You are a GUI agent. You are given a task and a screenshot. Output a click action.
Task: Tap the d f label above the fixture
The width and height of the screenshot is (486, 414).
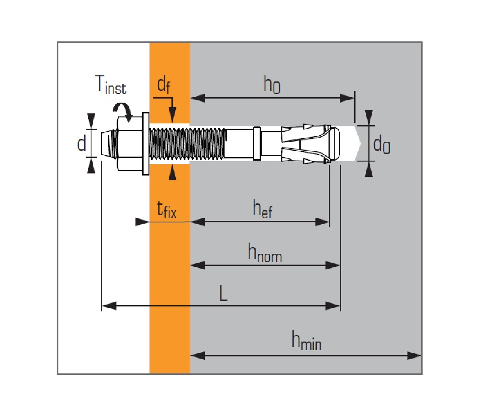163,86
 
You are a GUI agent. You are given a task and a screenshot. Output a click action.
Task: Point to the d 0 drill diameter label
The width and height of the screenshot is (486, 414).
382,145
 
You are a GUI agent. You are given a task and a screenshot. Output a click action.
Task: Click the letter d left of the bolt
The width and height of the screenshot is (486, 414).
81,144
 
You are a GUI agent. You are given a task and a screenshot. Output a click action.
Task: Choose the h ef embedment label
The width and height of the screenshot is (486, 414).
262,209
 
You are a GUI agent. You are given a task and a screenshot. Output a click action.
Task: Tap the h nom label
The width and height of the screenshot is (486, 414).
265,253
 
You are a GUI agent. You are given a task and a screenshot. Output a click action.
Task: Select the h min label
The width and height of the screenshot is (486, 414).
306,342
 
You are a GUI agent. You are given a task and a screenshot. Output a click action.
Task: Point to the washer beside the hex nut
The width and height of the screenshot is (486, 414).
145,143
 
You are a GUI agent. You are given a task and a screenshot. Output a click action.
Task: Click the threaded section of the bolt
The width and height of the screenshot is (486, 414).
187,143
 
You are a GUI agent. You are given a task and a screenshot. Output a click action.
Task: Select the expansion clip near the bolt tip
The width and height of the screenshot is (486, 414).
306,143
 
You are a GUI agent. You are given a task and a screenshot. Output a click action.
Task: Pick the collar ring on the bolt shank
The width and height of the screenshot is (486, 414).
256,144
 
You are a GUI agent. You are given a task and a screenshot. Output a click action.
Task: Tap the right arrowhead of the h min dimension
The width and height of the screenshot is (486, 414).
414,355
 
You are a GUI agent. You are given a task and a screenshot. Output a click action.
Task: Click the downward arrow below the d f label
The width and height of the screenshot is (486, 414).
172,115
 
